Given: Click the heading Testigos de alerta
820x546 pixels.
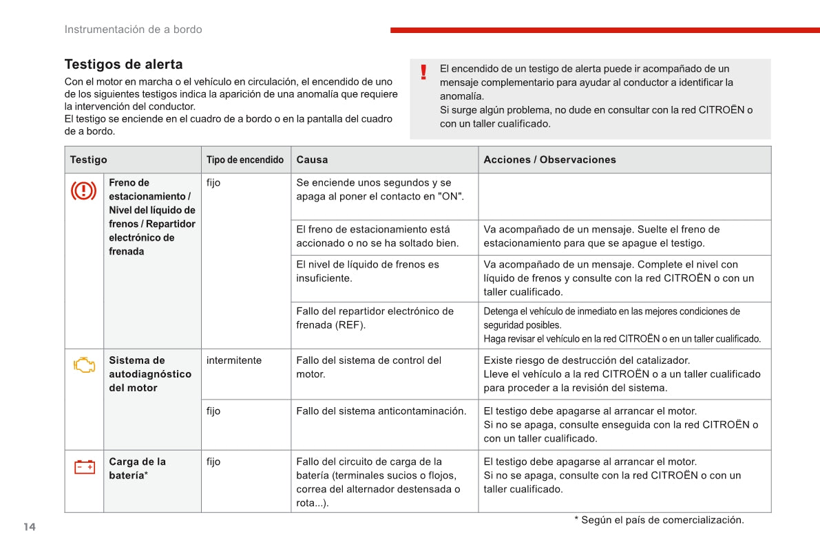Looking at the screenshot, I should [x=123, y=65].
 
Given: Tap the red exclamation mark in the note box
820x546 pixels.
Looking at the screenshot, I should [x=423, y=72].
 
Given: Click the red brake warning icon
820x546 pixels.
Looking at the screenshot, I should [x=83, y=190].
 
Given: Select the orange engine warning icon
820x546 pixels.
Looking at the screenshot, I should [x=84, y=365].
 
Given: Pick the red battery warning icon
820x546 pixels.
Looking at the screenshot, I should [x=84, y=468].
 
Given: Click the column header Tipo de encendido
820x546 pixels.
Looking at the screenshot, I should [x=245, y=160].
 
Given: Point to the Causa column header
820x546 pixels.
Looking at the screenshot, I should [x=312, y=160].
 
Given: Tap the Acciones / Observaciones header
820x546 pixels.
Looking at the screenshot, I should [x=549, y=160].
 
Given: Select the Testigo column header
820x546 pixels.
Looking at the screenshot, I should [x=88, y=160].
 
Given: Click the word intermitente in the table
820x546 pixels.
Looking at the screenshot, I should [x=234, y=360].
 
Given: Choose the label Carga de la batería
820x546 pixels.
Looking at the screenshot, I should [x=137, y=468].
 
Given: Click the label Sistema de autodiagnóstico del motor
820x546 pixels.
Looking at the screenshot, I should [x=149, y=374].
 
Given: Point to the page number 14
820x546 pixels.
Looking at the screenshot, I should [x=29, y=527].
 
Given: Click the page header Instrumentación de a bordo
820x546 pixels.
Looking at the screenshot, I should [x=133, y=30].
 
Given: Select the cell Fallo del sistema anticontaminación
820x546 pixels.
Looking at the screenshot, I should [x=381, y=411].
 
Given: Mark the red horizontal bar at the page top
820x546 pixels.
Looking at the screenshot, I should [x=605, y=30].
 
